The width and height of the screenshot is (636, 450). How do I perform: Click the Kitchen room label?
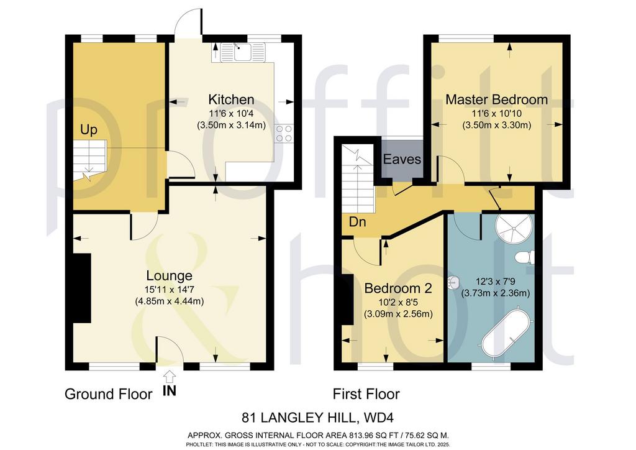(x=231, y=99)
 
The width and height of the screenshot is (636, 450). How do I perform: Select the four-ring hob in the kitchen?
(x=284, y=134)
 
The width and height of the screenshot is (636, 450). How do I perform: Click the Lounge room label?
(x=169, y=276)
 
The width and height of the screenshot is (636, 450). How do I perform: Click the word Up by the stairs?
(x=89, y=130)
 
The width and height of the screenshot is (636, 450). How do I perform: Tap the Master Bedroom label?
(x=496, y=99)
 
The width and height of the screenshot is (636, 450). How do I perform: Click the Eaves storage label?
(x=402, y=159)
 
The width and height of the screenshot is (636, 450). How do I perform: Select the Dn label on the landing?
(x=357, y=222)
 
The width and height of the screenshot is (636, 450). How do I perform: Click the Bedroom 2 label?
(x=398, y=288)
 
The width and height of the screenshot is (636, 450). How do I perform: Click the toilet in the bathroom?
(x=525, y=257)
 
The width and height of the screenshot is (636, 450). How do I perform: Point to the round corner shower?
(x=514, y=229)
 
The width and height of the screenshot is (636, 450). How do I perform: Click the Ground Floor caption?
(x=108, y=394)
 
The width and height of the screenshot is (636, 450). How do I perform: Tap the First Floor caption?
(x=366, y=394)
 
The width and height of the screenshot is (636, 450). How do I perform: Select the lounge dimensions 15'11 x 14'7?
(x=169, y=290)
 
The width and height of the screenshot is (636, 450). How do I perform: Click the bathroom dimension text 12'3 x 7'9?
(x=496, y=281)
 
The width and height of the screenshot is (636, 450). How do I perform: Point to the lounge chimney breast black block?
(x=81, y=288)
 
